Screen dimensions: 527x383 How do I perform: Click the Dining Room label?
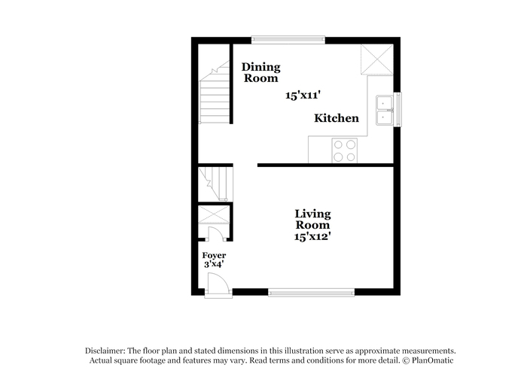pyautogui.click(x=260, y=72)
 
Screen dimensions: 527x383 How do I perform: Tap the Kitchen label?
pyautogui.click(x=337, y=118)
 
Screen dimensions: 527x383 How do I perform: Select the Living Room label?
pyautogui.click(x=312, y=220)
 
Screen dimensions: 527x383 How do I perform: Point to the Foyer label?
pyautogui.click(x=214, y=255)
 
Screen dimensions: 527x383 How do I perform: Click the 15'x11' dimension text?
pyautogui.click(x=303, y=96)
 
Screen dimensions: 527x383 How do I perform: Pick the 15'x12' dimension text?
pyautogui.click(x=312, y=236)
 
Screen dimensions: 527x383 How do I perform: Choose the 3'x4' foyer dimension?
pyautogui.click(x=214, y=264)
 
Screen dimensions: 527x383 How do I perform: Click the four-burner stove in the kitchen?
pyautogui.click(x=345, y=150)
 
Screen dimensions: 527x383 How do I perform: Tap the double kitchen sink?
pyautogui.click(x=384, y=110)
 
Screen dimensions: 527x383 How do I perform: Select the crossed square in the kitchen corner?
pyautogui.click(x=376, y=59)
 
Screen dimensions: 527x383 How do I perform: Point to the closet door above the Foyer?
pyautogui.click(x=216, y=234)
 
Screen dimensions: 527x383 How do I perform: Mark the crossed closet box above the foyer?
pyautogui.click(x=214, y=214)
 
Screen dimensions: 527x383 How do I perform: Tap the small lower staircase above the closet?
pyautogui.click(x=215, y=184)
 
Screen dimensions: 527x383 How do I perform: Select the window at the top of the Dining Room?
pyautogui.click(x=288, y=40)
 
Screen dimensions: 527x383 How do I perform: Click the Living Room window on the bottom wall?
pyautogui.click(x=311, y=293)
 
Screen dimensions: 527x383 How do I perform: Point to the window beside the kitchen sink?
pyautogui.click(x=398, y=110)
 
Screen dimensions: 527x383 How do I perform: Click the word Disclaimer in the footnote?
pyautogui.click(x=105, y=351)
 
